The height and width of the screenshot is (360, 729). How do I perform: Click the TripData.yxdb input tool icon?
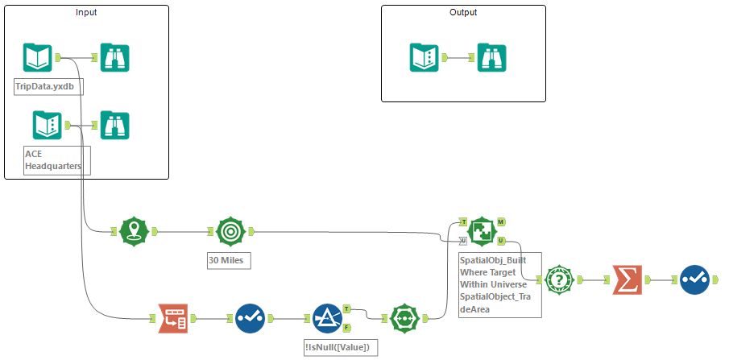point(38,58)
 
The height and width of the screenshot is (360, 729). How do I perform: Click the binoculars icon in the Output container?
point(491,58)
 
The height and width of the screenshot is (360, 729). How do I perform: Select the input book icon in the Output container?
point(424,58)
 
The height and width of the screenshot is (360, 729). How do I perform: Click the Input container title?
point(87,13)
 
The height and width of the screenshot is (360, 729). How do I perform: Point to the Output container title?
point(463,13)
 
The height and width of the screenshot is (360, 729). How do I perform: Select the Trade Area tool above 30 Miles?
point(230,232)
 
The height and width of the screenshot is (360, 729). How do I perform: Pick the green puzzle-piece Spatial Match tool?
point(481,232)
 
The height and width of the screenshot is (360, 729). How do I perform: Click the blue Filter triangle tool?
point(327,318)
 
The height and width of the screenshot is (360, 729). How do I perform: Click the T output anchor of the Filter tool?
point(346,308)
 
